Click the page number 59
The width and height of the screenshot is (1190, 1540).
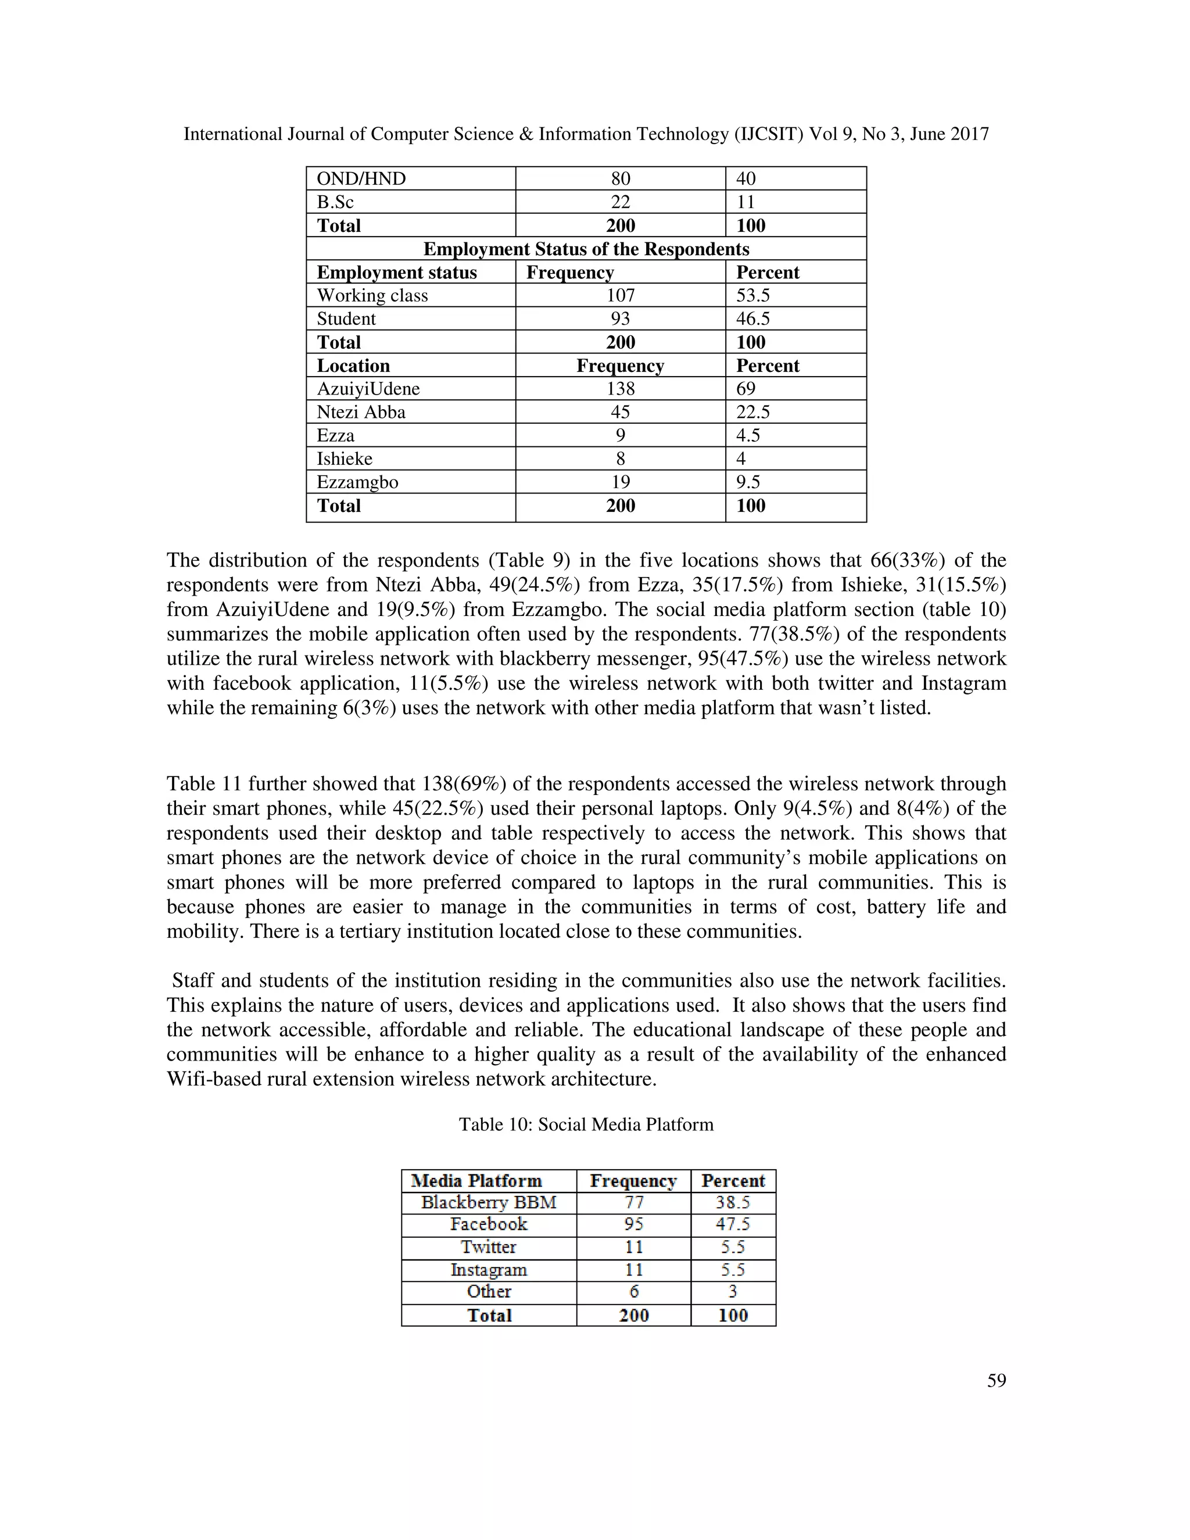coord(996,1381)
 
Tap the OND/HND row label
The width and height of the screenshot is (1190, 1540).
coord(361,178)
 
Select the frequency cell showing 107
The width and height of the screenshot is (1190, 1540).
coord(621,295)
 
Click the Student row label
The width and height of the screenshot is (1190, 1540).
coord(346,318)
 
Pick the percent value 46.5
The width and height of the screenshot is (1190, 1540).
coord(753,318)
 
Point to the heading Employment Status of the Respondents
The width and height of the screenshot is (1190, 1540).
coord(586,249)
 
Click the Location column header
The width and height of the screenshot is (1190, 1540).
coord(353,366)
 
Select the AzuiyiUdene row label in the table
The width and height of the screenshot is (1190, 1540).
coord(368,389)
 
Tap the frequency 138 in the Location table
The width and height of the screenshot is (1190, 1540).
coord(621,389)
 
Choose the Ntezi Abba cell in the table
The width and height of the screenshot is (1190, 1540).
coord(361,412)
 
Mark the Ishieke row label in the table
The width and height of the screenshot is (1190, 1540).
coord(344,459)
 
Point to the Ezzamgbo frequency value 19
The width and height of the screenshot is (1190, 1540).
coord(621,482)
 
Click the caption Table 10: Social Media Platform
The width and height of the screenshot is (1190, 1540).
coord(586,1124)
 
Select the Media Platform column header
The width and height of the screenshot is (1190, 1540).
coord(476,1180)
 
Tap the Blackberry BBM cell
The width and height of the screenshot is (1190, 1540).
coord(489,1202)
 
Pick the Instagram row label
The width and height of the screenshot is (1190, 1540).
coord(489,1269)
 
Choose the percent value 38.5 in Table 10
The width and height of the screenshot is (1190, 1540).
coord(733,1202)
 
